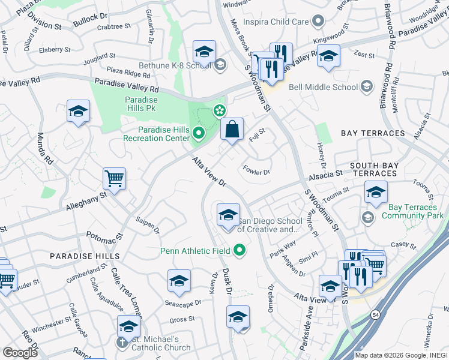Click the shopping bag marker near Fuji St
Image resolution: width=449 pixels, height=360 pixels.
point(232,128)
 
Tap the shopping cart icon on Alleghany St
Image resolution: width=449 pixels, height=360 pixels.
point(114,178)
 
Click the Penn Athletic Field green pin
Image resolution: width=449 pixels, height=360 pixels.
point(240,250)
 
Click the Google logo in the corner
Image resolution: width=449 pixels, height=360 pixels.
point(20,353)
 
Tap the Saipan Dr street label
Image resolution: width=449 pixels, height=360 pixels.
point(148,225)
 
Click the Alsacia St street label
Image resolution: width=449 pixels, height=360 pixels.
point(325,173)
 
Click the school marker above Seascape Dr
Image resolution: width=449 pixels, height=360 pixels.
point(179,280)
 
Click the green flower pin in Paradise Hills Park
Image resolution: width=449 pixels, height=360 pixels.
point(220,110)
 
